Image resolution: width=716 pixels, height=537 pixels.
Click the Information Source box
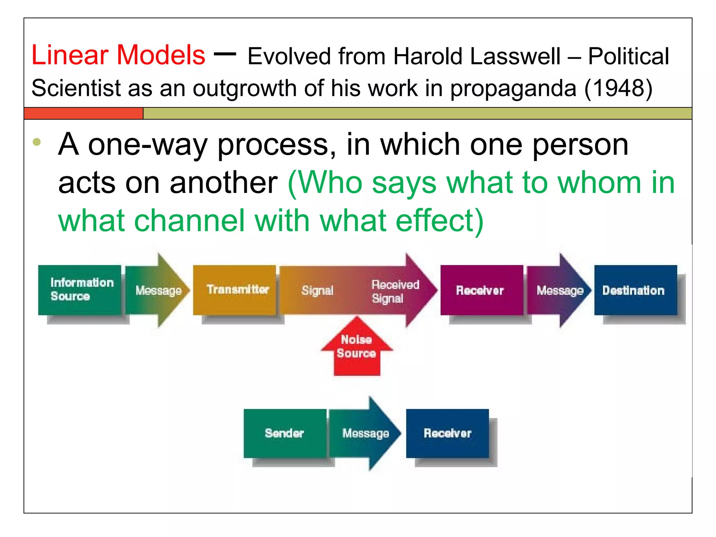pyautogui.click(x=80, y=290)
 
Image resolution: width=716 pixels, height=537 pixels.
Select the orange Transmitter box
pyautogui.click(x=234, y=290)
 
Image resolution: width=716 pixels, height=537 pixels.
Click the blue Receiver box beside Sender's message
pyautogui.click(x=447, y=433)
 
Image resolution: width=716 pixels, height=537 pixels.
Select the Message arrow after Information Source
pyautogui.click(x=158, y=290)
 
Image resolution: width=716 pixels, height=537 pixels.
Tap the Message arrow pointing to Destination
pyautogui.click(x=559, y=290)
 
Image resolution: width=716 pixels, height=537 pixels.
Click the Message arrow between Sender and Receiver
pyautogui.click(x=365, y=433)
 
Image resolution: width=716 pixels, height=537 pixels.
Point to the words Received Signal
pyautogui.click(x=395, y=291)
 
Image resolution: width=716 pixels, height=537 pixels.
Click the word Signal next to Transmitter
pyautogui.click(x=317, y=290)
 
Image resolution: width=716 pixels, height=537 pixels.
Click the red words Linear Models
pyautogui.click(x=118, y=55)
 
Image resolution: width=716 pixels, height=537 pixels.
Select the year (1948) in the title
pyautogui.click(x=618, y=88)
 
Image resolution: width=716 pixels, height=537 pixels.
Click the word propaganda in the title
pyautogui.click(x=513, y=88)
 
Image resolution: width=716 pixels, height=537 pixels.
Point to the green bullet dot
pyautogui.click(x=37, y=142)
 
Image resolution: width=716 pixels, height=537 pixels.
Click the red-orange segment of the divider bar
pyautogui.click(x=84, y=114)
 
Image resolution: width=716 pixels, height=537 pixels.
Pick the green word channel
pyautogui.click(x=189, y=221)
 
